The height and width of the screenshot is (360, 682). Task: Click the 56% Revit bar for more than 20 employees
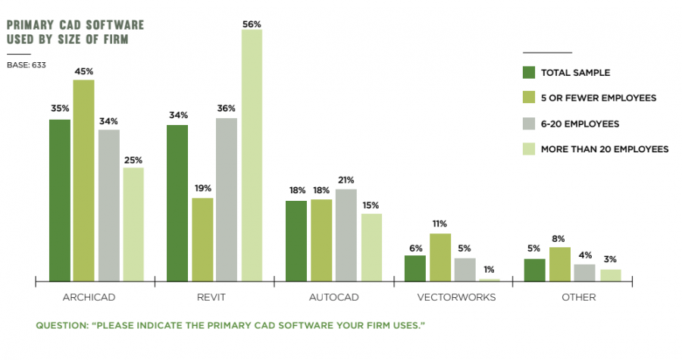(252, 155)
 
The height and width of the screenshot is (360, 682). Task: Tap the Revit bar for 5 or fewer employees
(202, 239)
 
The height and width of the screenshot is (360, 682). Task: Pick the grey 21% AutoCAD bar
(346, 235)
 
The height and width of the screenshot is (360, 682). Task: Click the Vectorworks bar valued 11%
(440, 258)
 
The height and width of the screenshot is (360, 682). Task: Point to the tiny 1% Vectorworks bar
(490, 280)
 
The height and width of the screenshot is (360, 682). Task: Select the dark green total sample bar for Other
(534, 270)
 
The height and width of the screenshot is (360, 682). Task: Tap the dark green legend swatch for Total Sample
(529, 73)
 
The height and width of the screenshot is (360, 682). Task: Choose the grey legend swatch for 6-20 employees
(529, 124)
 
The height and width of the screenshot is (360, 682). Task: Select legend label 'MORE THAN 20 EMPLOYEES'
(604, 149)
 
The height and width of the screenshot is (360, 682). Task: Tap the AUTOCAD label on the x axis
(333, 297)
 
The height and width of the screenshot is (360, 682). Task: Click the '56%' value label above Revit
(252, 23)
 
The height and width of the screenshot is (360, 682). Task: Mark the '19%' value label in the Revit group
(202, 188)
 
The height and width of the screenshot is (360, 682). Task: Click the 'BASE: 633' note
(27, 64)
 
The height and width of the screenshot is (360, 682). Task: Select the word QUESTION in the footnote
(60, 326)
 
